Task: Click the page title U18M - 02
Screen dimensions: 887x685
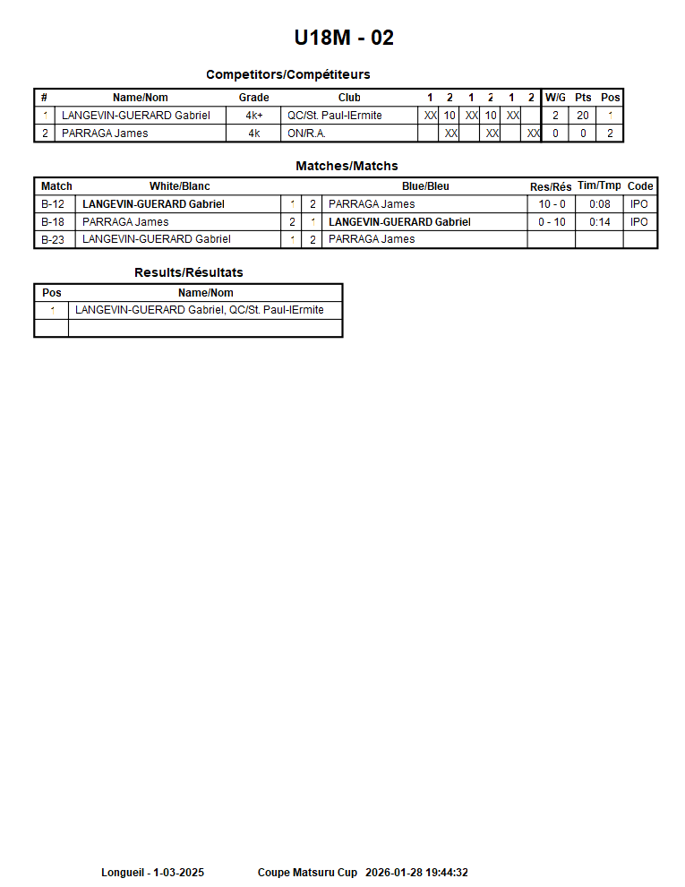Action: [344, 38]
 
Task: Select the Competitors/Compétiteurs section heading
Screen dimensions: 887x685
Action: [287, 74]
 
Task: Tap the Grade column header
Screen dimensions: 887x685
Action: [253, 98]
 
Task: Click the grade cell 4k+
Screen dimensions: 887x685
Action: [253, 116]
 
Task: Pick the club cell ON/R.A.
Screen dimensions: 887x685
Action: [306, 133]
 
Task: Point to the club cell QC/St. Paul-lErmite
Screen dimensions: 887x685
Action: [334, 116]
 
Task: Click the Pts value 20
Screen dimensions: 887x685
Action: [583, 116]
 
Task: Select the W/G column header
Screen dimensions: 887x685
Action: [555, 98]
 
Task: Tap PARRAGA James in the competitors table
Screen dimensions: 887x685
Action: [105, 133]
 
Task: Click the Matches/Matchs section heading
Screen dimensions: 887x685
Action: [347, 166]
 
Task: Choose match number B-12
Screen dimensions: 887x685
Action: [53, 204]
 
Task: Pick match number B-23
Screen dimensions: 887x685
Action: [53, 239]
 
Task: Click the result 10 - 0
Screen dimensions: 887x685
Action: [552, 204]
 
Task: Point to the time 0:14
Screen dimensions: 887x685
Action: [599, 222]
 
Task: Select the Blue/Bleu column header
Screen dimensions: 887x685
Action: [425, 186]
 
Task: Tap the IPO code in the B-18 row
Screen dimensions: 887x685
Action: [639, 222]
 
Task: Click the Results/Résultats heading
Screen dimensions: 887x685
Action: [188, 272]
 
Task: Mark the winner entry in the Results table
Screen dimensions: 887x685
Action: [199, 310]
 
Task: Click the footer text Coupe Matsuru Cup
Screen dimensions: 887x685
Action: [307, 873]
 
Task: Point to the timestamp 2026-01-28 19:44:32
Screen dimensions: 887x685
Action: [416, 873]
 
